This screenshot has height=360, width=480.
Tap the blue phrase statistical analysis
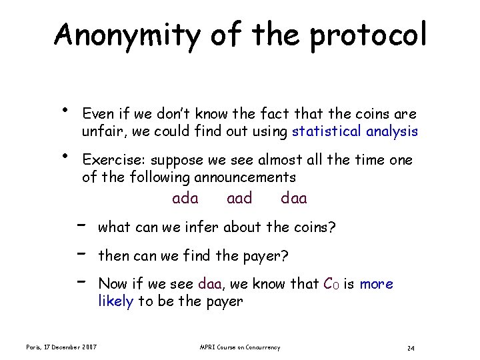(x=355, y=131)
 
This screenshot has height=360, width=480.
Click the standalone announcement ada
(x=185, y=198)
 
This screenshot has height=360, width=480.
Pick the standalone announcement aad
(x=239, y=198)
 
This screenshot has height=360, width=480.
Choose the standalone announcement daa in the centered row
(x=294, y=198)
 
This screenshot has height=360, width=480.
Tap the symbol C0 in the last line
(x=331, y=284)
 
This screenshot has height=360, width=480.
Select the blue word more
(x=377, y=284)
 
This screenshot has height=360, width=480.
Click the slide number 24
(x=411, y=348)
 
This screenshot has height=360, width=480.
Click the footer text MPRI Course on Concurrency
(x=240, y=347)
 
